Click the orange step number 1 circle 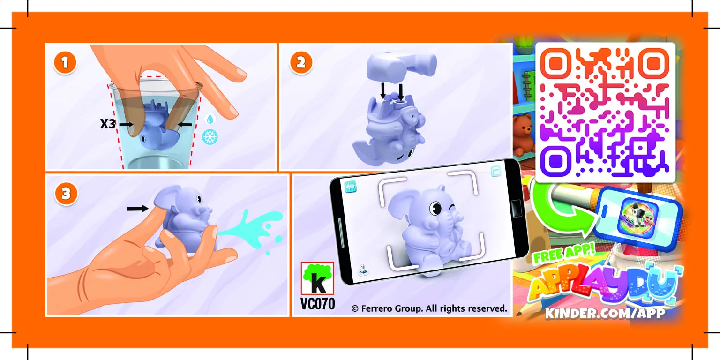(x=65, y=64)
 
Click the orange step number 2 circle (x=300, y=64)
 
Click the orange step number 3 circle (x=66, y=194)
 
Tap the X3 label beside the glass (x=108, y=124)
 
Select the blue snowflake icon (x=210, y=137)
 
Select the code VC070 (x=317, y=304)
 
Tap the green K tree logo (x=317, y=278)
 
